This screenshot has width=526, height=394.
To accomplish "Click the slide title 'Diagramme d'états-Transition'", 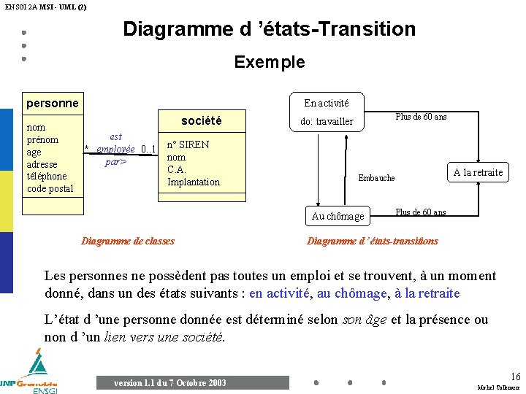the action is (x=269, y=29).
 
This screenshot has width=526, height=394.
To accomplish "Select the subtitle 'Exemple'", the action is (x=269, y=62).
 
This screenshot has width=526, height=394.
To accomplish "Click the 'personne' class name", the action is (x=52, y=103).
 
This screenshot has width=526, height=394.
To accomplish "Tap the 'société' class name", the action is (x=201, y=120).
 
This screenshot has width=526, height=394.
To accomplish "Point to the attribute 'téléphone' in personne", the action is (x=46, y=176).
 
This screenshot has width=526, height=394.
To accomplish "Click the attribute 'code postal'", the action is (x=50, y=188).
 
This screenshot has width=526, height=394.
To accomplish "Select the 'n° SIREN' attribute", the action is (x=188, y=144).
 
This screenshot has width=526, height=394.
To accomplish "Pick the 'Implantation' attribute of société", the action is (x=193, y=182).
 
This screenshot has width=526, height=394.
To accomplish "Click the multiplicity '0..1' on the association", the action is (x=149, y=150).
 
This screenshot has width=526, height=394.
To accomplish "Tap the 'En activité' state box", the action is (x=326, y=103).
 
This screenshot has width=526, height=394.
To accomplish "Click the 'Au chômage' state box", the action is (x=338, y=216).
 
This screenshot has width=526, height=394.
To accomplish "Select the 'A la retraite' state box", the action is (x=478, y=172).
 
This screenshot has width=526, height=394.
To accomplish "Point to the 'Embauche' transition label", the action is (x=376, y=178).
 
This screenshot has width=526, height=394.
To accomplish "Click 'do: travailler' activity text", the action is (x=327, y=121).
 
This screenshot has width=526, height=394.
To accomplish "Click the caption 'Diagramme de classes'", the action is (x=128, y=241).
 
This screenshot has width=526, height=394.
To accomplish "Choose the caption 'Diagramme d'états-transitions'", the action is (x=373, y=241).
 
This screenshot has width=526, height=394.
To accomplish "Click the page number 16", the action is (x=515, y=376).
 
